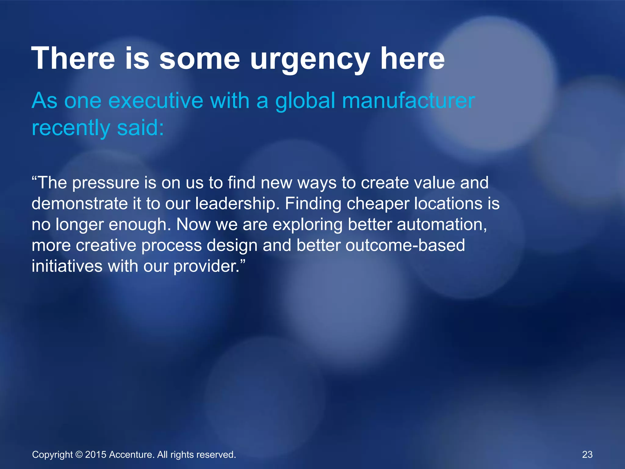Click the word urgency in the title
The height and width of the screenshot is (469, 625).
(x=310, y=60)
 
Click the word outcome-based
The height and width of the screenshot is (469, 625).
(x=405, y=245)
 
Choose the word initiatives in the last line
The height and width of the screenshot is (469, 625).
(x=67, y=266)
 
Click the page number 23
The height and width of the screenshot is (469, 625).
(x=587, y=454)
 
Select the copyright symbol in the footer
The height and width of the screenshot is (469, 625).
(x=79, y=455)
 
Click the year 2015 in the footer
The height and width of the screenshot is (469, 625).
(x=96, y=455)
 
